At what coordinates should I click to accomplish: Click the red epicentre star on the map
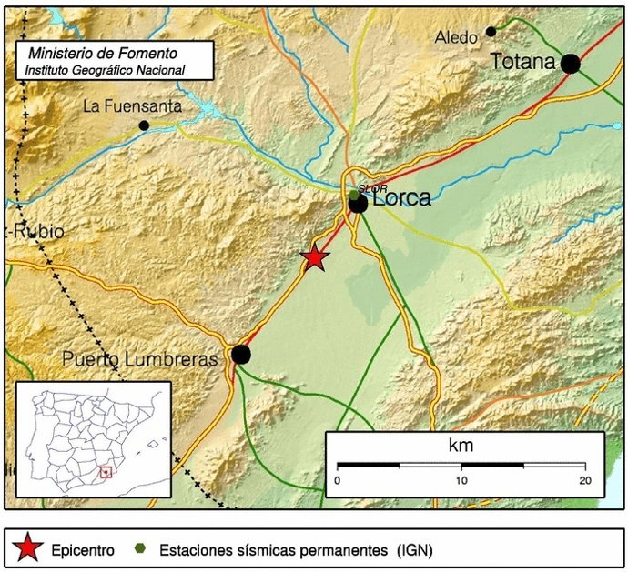point(315,257)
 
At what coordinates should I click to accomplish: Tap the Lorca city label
point(401,197)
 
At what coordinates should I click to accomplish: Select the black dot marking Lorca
point(359,204)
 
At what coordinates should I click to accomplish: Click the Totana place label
point(522,62)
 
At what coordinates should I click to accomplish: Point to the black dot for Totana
point(571,64)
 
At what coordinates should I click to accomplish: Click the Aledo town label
point(456,37)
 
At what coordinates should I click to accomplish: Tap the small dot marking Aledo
point(491,32)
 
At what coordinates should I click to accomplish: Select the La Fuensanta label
point(132,106)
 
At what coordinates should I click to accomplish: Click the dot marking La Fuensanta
point(144,125)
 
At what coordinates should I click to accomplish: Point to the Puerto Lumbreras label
point(139,359)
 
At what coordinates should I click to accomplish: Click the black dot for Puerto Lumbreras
point(240,354)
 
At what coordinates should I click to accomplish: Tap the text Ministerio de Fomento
point(103,55)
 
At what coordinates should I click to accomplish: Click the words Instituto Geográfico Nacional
point(105,70)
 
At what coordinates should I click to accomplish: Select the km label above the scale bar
point(461,446)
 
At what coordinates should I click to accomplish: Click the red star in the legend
point(29,548)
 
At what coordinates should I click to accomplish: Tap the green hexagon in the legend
point(139,548)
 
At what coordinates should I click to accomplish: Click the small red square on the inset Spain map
point(106,472)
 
